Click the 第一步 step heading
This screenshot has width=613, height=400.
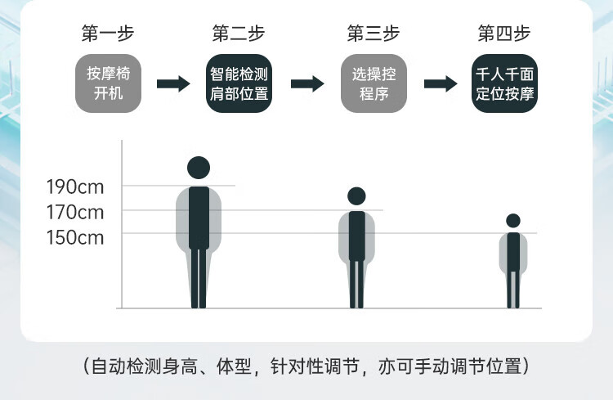[x=107, y=34]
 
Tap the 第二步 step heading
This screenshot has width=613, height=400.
[x=238, y=34]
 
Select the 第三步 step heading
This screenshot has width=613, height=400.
[x=373, y=34]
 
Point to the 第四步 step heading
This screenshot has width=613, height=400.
[x=504, y=34]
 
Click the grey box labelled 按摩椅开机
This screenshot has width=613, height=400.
[x=108, y=83]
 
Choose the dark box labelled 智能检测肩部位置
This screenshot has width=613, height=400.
[x=238, y=83]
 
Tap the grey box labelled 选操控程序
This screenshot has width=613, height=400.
[x=374, y=83]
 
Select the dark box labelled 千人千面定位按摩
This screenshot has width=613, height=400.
[x=504, y=83]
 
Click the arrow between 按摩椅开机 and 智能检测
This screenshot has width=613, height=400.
[x=172, y=83]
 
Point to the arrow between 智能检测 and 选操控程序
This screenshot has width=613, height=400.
[x=306, y=83]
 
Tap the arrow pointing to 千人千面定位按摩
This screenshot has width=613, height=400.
[x=440, y=83]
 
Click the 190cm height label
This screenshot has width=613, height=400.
[x=75, y=187]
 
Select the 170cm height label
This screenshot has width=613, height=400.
[x=75, y=212]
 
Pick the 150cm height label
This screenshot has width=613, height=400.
[x=75, y=238]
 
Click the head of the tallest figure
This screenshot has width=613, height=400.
[x=199, y=168]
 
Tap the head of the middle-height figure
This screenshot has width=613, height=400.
[x=356, y=196]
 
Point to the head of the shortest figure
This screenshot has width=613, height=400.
[x=513, y=220]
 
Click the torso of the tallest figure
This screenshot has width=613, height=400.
[x=199, y=217]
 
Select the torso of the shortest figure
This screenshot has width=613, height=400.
[x=513, y=251]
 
